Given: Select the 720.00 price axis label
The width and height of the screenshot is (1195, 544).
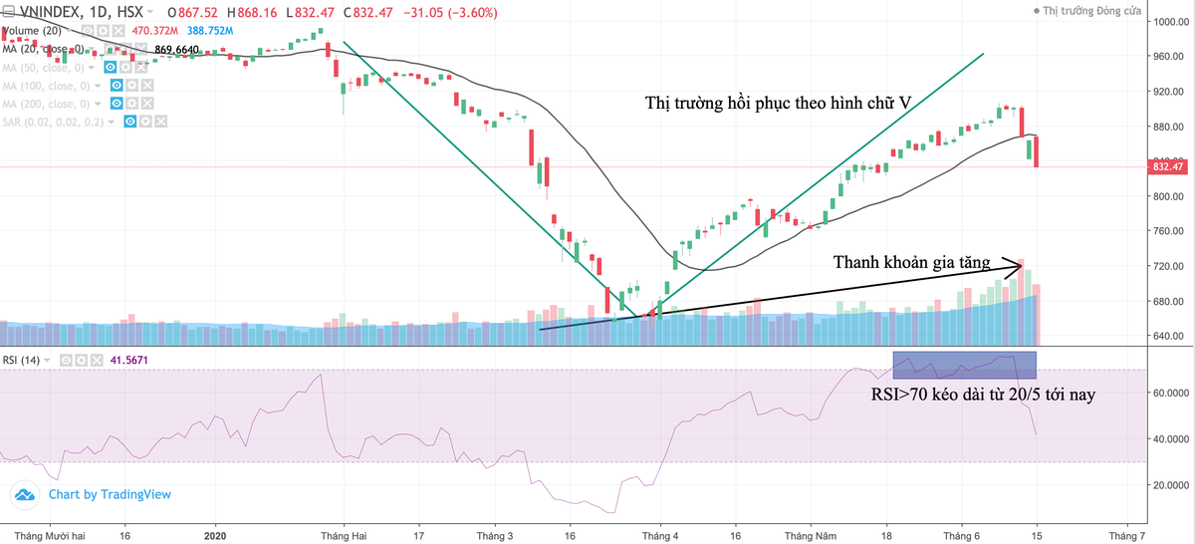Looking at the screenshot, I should [1163, 266].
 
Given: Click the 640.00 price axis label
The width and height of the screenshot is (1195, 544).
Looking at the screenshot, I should [1163, 336].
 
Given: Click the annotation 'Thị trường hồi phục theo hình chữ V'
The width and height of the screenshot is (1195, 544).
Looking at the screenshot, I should [778, 103].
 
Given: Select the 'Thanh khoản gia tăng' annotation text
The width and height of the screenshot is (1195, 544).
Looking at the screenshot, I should [911, 263].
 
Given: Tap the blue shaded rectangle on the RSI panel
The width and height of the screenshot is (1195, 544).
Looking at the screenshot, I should [964, 365].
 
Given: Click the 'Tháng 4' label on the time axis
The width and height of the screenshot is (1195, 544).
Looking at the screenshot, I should [660, 535].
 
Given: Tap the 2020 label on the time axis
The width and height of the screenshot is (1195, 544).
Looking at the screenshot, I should [216, 535].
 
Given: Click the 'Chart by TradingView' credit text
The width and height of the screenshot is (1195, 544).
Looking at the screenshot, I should [110, 494].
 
